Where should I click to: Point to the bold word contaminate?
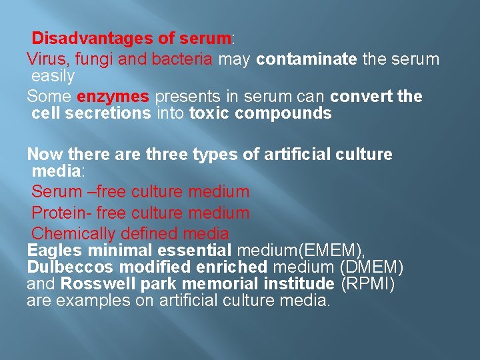coord(306,59)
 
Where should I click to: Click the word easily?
coord(53,76)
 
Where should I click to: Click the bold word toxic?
coord(209,113)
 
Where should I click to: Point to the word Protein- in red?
coord(61,213)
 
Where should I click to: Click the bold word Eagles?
coord(54,251)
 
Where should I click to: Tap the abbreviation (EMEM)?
coord(333,251)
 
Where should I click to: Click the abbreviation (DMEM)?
coord(371,267)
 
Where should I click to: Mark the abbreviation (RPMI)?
coord(368,284)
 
